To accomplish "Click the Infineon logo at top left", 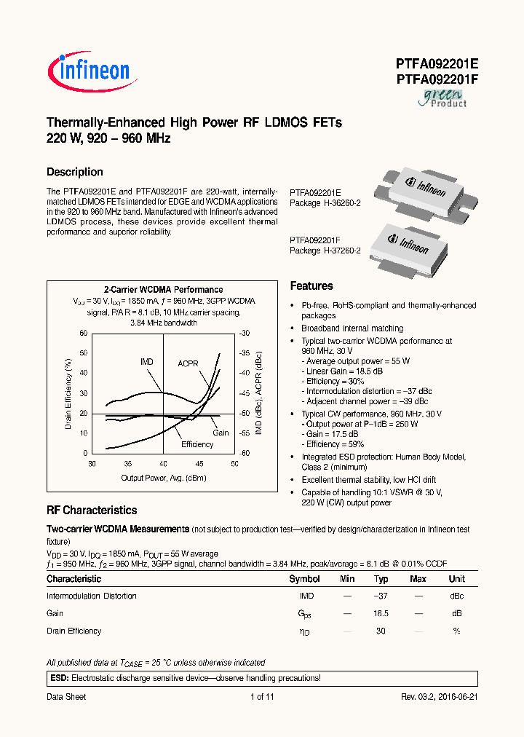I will pos(89,71).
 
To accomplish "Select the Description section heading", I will pos(75,172).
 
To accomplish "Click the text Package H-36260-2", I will pos(325,203).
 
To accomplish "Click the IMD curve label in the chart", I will pos(147,362).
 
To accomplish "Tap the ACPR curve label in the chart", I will pos(188,363).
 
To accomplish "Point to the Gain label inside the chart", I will pos(221,433).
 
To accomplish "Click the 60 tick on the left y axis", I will pos(83,334).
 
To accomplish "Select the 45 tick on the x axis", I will pos(199,463).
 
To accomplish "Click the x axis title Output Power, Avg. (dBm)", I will pos(163,478).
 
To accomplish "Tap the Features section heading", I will pos(311,286).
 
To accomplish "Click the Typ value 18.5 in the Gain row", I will pos(381,613).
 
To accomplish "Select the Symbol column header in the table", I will pos(304,579).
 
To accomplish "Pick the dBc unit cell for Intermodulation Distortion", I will pos(456,596).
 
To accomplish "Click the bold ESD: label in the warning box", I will pos(58,678).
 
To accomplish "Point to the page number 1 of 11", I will pos(262,697).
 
